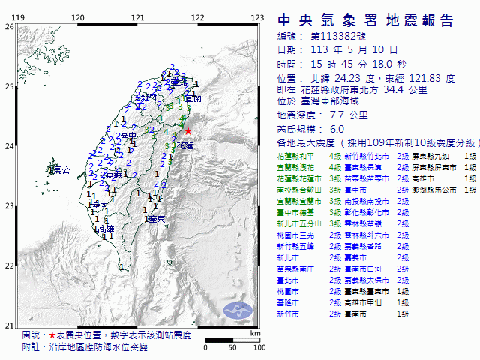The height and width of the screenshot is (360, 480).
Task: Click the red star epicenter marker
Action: [x=188, y=130]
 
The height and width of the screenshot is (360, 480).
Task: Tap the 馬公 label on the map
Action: [x=59, y=171]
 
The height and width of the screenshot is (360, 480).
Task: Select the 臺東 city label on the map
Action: [x=156, y=219]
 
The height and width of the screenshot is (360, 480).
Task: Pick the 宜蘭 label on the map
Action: [x=193, y=98]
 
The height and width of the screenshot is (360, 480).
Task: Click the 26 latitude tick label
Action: [x=8, y=26]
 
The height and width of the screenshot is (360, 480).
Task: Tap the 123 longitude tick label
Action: [x=257, y=17]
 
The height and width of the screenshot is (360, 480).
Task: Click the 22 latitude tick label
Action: [x=8, y=265]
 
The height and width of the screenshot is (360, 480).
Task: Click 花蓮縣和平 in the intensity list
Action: [x=295, y=156]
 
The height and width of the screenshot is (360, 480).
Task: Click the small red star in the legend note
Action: [x=52, y=335]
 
